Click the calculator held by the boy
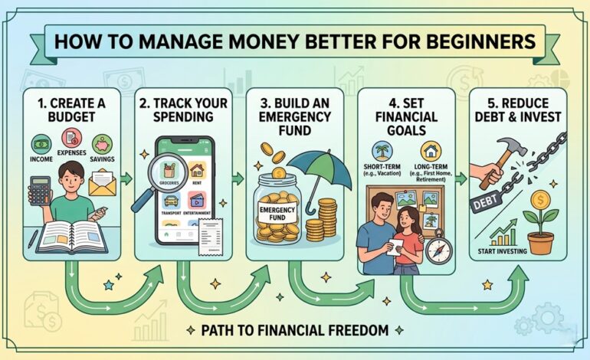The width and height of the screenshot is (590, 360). (x=38, y=190)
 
